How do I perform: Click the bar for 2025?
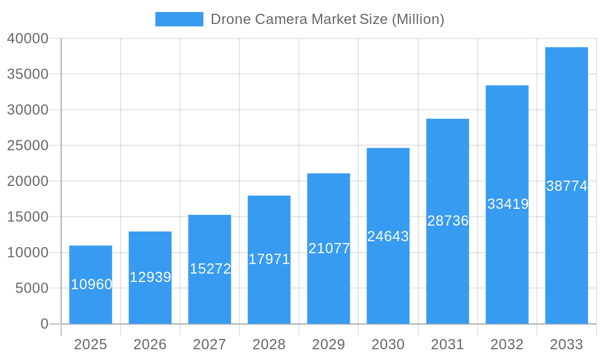point(91,285)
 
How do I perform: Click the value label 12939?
point(150,277)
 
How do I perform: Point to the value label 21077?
point(329,248)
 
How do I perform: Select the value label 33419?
point(508,204)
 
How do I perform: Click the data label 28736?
point(448,221)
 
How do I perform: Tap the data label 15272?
point(210,269)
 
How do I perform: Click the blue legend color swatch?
point(179,19)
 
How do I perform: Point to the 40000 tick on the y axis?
point(28,38)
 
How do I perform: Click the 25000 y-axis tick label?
point(28,145)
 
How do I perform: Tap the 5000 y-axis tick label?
point(31,288)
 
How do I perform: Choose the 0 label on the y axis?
point(44,324)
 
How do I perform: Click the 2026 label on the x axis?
point(150,344)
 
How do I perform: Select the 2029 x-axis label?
point(329,344)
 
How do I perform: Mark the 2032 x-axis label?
point(507,344)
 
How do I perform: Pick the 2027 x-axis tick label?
point(209,344)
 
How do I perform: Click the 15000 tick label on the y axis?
point(28,217)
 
